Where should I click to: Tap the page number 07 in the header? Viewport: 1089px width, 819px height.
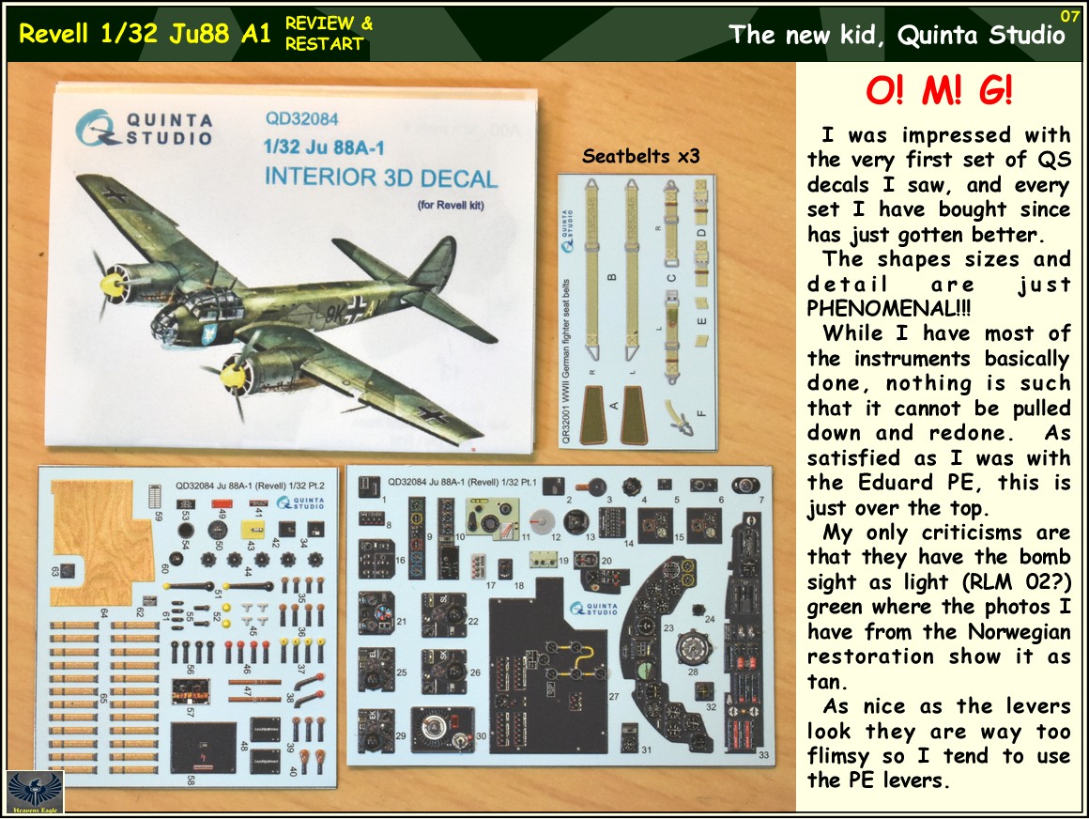point(1069,15)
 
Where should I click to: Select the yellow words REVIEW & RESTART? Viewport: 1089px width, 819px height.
point(329,34)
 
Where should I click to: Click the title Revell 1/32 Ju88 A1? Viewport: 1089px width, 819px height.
point(146,35)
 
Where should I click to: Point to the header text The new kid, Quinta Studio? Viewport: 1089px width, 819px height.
point(897,36)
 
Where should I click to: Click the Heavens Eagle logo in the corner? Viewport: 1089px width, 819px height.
point(22,792)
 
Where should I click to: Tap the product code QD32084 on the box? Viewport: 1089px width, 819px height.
point(301,119)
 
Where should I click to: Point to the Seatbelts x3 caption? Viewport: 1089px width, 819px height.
point(641,157)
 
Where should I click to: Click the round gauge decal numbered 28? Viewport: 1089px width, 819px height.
point(693,647)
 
